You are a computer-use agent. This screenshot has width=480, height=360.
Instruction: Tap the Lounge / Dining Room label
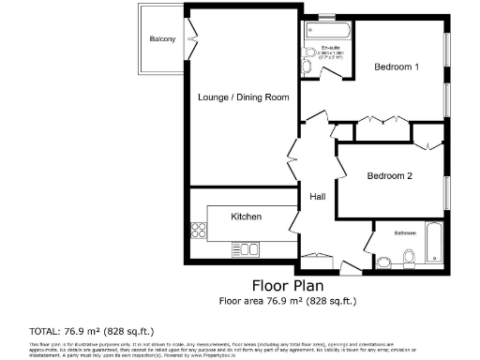click(243, 97)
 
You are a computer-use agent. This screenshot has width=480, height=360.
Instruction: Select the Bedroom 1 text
click(397, 67)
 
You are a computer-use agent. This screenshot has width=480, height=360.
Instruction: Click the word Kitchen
click(247, 217)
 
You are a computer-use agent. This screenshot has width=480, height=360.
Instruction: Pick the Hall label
click(317, 198)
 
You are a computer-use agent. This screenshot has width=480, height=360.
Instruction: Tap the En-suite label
click(330, 47)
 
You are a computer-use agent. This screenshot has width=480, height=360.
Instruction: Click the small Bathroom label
click(405, 232)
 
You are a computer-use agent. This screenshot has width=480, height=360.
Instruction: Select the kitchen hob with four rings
click(198, 230)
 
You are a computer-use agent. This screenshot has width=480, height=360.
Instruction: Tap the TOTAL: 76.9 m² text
click(92, 331)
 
